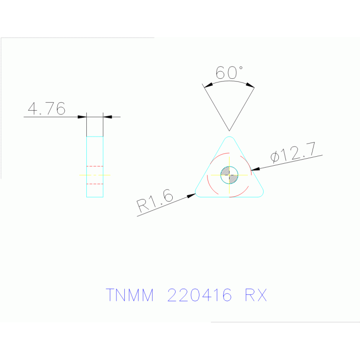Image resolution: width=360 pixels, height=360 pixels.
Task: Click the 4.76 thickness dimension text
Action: tap(46, 109)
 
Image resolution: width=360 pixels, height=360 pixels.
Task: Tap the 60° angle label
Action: tap(229, 72)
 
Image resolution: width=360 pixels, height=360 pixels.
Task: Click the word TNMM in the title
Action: tap(130, 295)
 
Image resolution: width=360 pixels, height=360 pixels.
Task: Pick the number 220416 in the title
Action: tap(199, 295)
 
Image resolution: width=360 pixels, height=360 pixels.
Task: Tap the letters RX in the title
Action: tap(256, 295)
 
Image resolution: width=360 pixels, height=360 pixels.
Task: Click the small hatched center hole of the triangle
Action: tap(229, 175)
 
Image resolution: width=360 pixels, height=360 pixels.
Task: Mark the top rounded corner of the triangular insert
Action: tap(229, 139)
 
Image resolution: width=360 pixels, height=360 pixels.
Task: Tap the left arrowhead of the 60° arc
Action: tap(207, 85)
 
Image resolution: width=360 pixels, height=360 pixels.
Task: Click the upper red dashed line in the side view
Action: tap(95, 166)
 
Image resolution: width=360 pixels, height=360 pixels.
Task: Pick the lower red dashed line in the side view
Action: tap(95, 184)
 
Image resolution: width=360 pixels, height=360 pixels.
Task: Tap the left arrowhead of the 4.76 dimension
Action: tap(83, 117)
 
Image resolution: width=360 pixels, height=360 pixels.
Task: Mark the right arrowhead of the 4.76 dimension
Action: tap(107, 117)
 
